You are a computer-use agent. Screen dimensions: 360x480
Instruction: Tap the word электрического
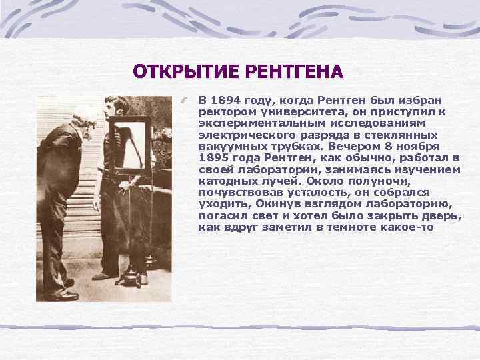point(240,135)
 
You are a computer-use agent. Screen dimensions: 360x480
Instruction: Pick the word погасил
point(221,215)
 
